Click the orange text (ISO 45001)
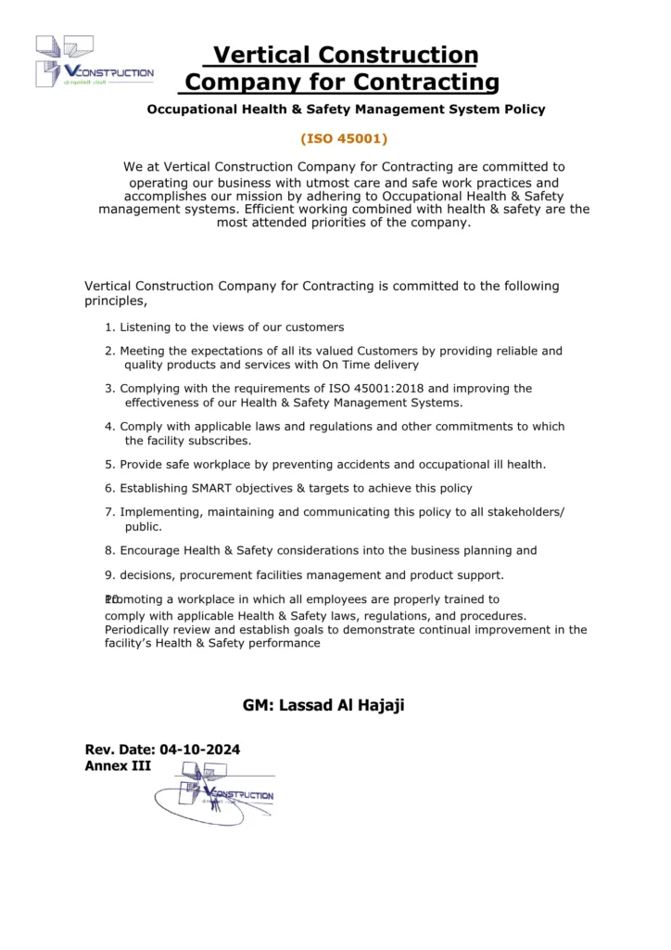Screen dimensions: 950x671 click(344, 139)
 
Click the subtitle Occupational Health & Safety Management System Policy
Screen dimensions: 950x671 click(346, 109)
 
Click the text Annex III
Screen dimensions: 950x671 click(118, 766)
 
